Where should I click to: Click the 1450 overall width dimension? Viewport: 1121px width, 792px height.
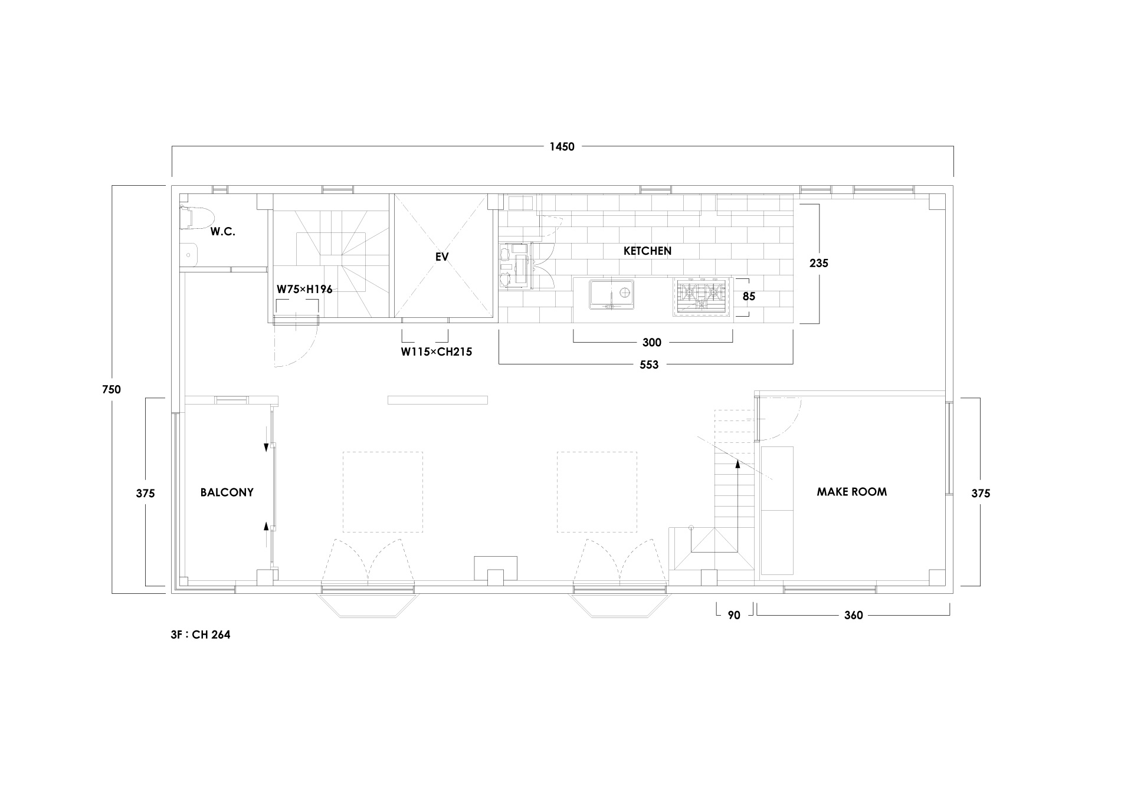tap(562, 147)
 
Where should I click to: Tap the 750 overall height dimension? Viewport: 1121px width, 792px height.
tap(111, 389)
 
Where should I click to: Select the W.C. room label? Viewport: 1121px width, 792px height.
tap(223, 232)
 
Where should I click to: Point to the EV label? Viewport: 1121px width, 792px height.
tap(442, 257)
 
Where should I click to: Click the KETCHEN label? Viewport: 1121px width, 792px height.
tap(647, 251)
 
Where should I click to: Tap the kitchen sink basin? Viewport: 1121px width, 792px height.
tap(612, 294)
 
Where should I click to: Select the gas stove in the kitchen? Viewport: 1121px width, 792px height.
tap(700, 297)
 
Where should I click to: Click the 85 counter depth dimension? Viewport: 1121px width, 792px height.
tap(749, 297)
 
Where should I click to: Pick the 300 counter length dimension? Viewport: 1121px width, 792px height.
tap(652, 343)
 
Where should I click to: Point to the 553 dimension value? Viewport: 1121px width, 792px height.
tap(649, 365)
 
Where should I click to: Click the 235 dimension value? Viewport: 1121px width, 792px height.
tap(819, 264)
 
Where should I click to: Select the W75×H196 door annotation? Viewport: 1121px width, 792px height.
tap(304, 290)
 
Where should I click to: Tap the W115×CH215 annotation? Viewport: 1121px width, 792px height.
tap(437, 352)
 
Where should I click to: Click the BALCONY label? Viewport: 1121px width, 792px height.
tap(227, 492)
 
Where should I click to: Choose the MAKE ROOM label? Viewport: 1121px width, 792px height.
tap(851, 492)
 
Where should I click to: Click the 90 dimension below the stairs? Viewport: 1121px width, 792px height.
tap(734, 615)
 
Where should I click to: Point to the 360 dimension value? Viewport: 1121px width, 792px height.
tap(853, 615)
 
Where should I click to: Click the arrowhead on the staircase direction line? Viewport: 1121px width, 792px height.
tap(737, 464)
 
